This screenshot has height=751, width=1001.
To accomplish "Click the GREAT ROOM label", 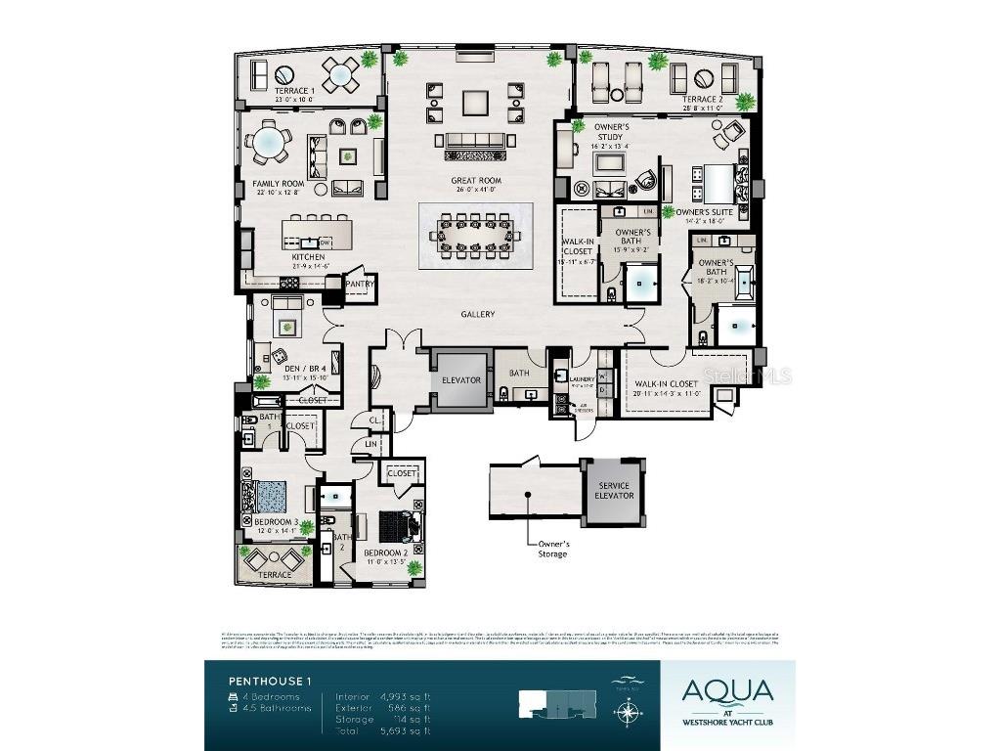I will (476, 181).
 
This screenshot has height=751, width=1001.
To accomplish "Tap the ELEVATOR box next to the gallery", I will (459, 379).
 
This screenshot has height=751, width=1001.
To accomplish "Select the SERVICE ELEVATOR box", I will (614, 491).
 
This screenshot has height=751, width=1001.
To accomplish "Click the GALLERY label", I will (479, 315).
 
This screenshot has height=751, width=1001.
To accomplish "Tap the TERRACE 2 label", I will (701, 100).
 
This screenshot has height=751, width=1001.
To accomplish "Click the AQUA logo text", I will (728, 691).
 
